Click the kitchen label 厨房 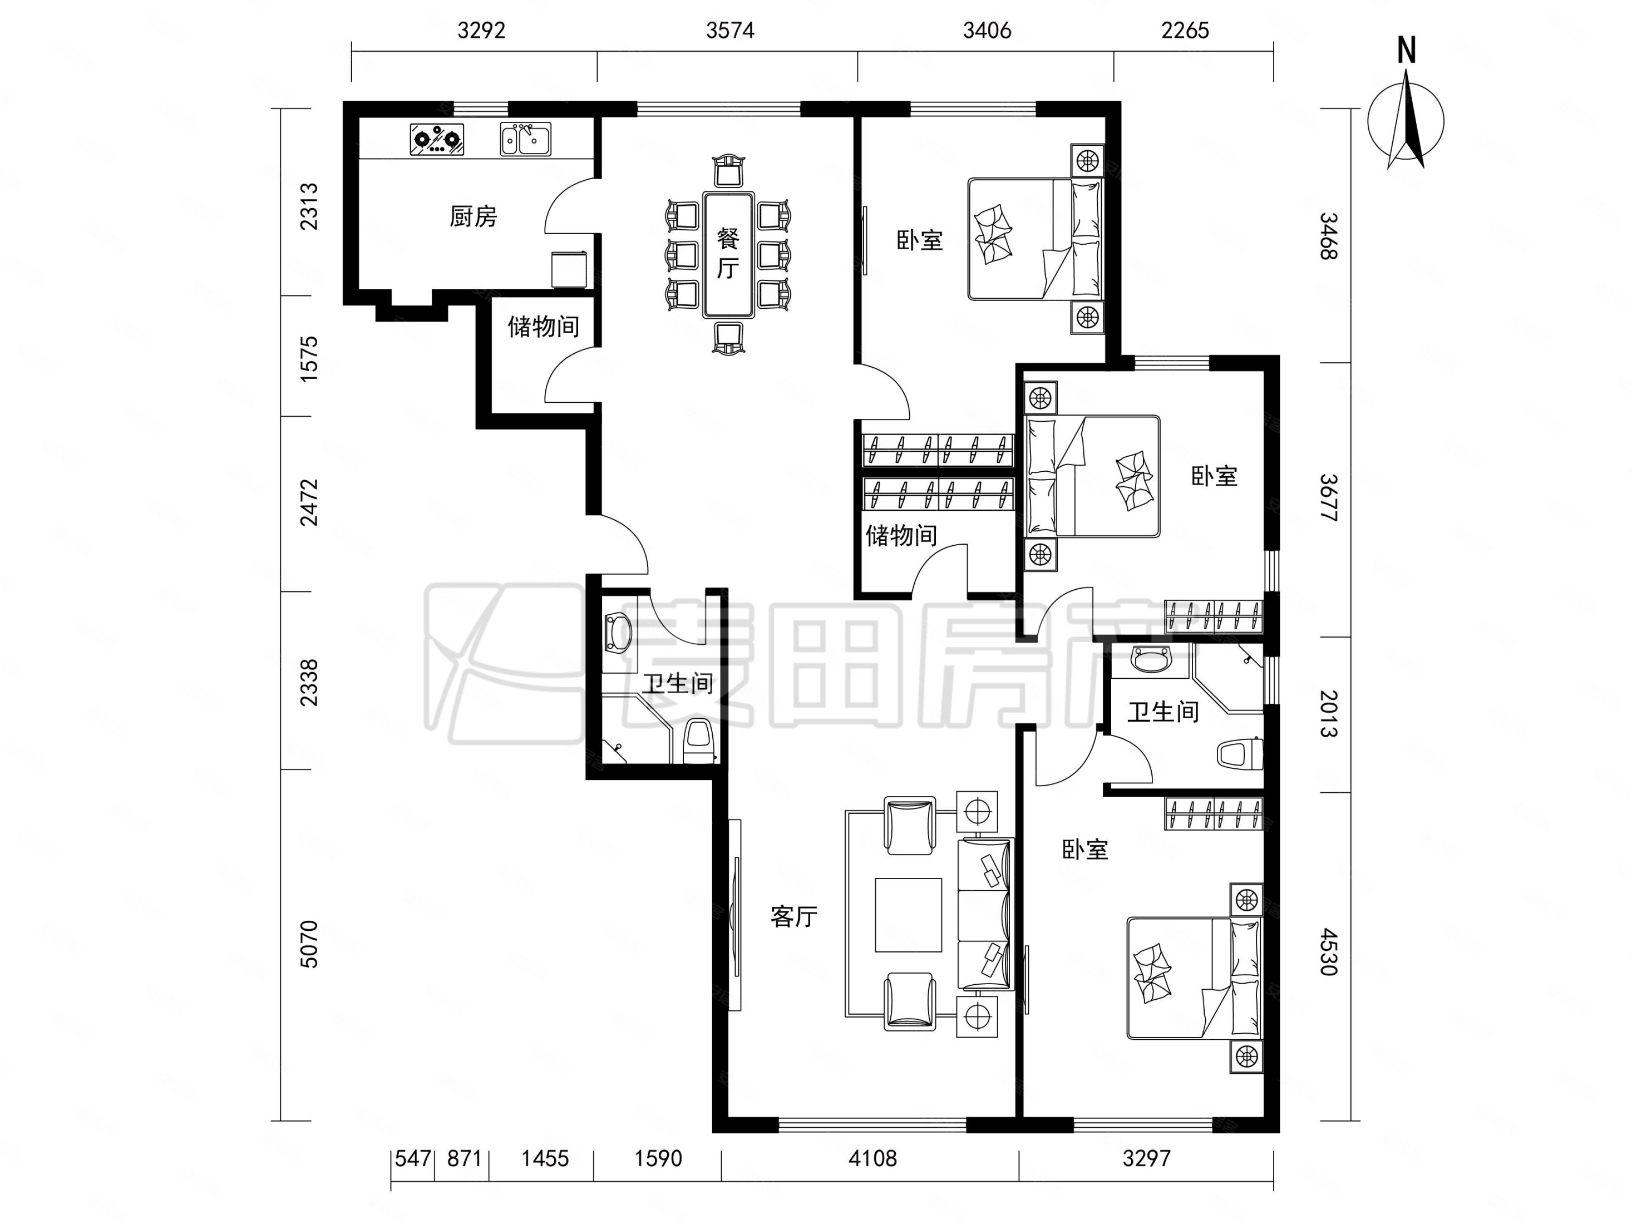pyautogui.click(x=473, y=216)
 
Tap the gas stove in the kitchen pyautogui.click(x=437, y=140)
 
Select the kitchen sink pyautogui.click(x=525, y=140)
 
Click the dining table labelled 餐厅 pyautogui.click(x=728, y=255)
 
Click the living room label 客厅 pyautogui.click(x=794, y=916)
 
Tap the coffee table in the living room pyautogui.click(x=908, y=915)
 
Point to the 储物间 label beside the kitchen pyautogui.click(x=543, y=326)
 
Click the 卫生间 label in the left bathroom pyautogui.click(x=677, y=684)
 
